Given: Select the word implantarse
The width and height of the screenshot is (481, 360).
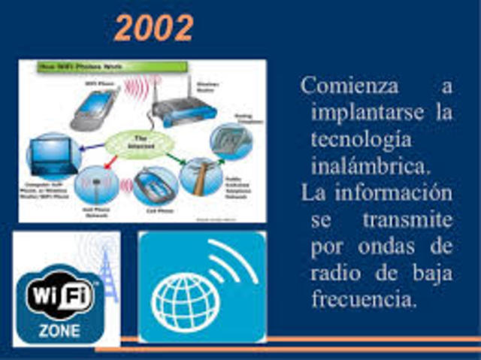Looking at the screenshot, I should tap(358, 113).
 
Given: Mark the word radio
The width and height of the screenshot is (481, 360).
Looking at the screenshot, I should tap(334, 274).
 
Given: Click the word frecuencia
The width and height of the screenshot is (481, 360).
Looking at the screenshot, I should tap(363, 300).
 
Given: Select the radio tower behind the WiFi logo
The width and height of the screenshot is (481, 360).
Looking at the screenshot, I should tap(105, 271).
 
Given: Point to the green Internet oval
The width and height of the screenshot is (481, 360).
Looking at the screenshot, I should tap(141, 143).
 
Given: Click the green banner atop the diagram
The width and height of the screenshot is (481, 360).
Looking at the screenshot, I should tap(110, 68).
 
